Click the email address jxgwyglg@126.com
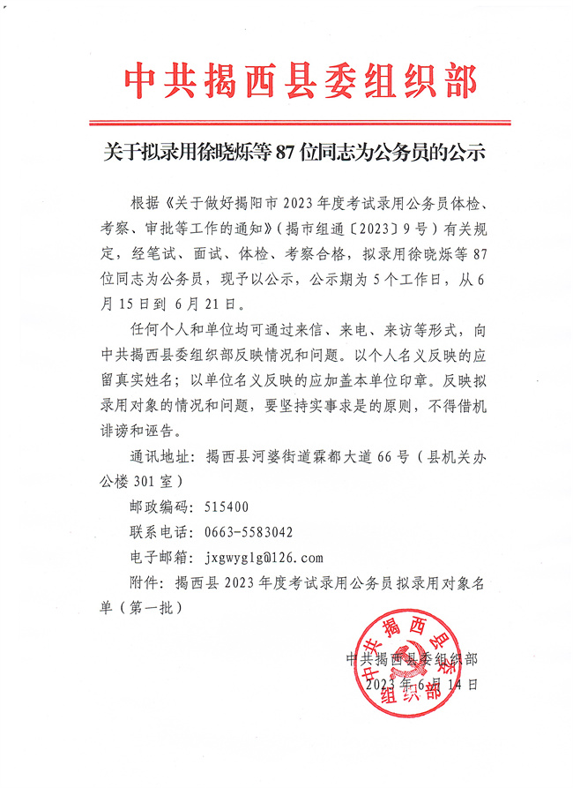(x=264, y=558)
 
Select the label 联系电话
(x=159, y=532)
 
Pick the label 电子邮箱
(x=159, y=558)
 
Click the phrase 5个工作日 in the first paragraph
(x=418, y=280)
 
